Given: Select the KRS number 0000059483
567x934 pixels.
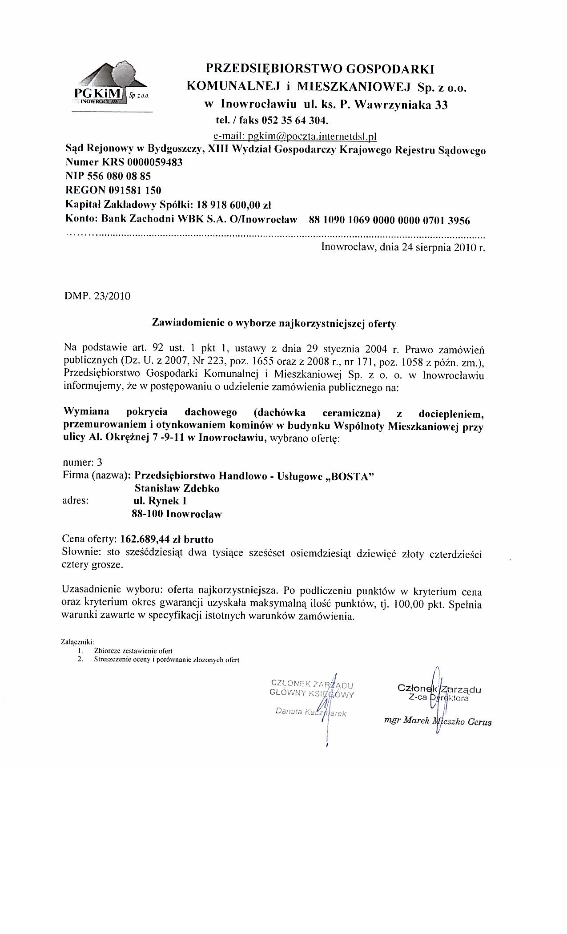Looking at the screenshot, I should coord(155,162).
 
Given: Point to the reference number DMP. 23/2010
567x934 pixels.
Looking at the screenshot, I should coord(98,297).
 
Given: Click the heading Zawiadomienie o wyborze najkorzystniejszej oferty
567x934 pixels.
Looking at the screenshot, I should coord(274,323).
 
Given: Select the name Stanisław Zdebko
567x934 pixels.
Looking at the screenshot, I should coord(177,488).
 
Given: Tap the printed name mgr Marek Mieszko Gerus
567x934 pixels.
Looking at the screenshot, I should coord(438,721).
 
